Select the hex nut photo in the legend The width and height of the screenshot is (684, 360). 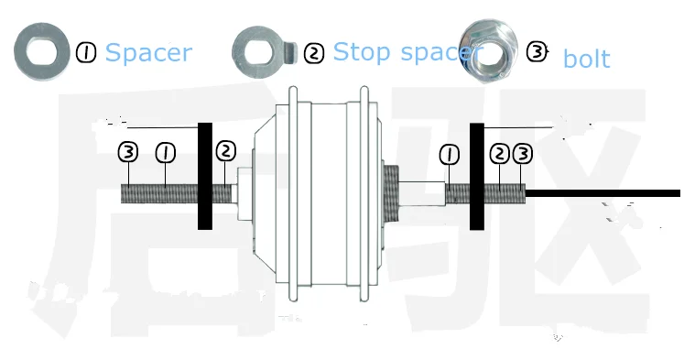coord(489,50)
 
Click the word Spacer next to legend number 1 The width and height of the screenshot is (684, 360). coord(148,53)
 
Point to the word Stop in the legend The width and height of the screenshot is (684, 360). coord(362,51)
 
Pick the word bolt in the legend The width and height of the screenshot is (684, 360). coord(586,59)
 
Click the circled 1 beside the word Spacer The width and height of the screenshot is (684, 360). coord(86,53)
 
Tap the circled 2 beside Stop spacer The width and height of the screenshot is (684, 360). coord(314,54)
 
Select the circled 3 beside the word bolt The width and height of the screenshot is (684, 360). coord(537,52)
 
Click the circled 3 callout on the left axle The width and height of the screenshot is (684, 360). coord(128,152)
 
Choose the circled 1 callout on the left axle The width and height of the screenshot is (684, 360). coord(166,153)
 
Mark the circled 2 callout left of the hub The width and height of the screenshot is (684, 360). coord(226,151)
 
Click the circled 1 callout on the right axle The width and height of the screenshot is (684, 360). coord(450,155)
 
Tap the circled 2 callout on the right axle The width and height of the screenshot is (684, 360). coord(499,154)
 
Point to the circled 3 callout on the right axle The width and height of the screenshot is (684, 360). coord(523,154)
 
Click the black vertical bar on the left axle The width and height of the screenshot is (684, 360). coord(205,176)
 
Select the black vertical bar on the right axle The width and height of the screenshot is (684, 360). coord(477,176)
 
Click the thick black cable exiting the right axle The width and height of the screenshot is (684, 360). coord(603,193)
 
